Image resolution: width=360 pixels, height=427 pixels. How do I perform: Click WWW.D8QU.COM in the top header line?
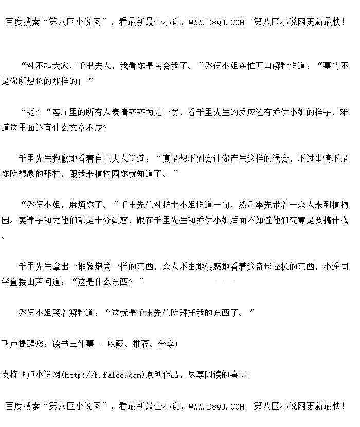pos(217,22)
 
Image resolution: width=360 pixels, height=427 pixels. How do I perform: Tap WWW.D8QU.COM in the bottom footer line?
pos(217,406)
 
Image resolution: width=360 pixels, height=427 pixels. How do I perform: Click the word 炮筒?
pos(106,266)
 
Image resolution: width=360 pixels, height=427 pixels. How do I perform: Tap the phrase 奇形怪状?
pos(278,266)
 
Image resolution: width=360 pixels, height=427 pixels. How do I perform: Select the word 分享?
pos(165,344)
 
